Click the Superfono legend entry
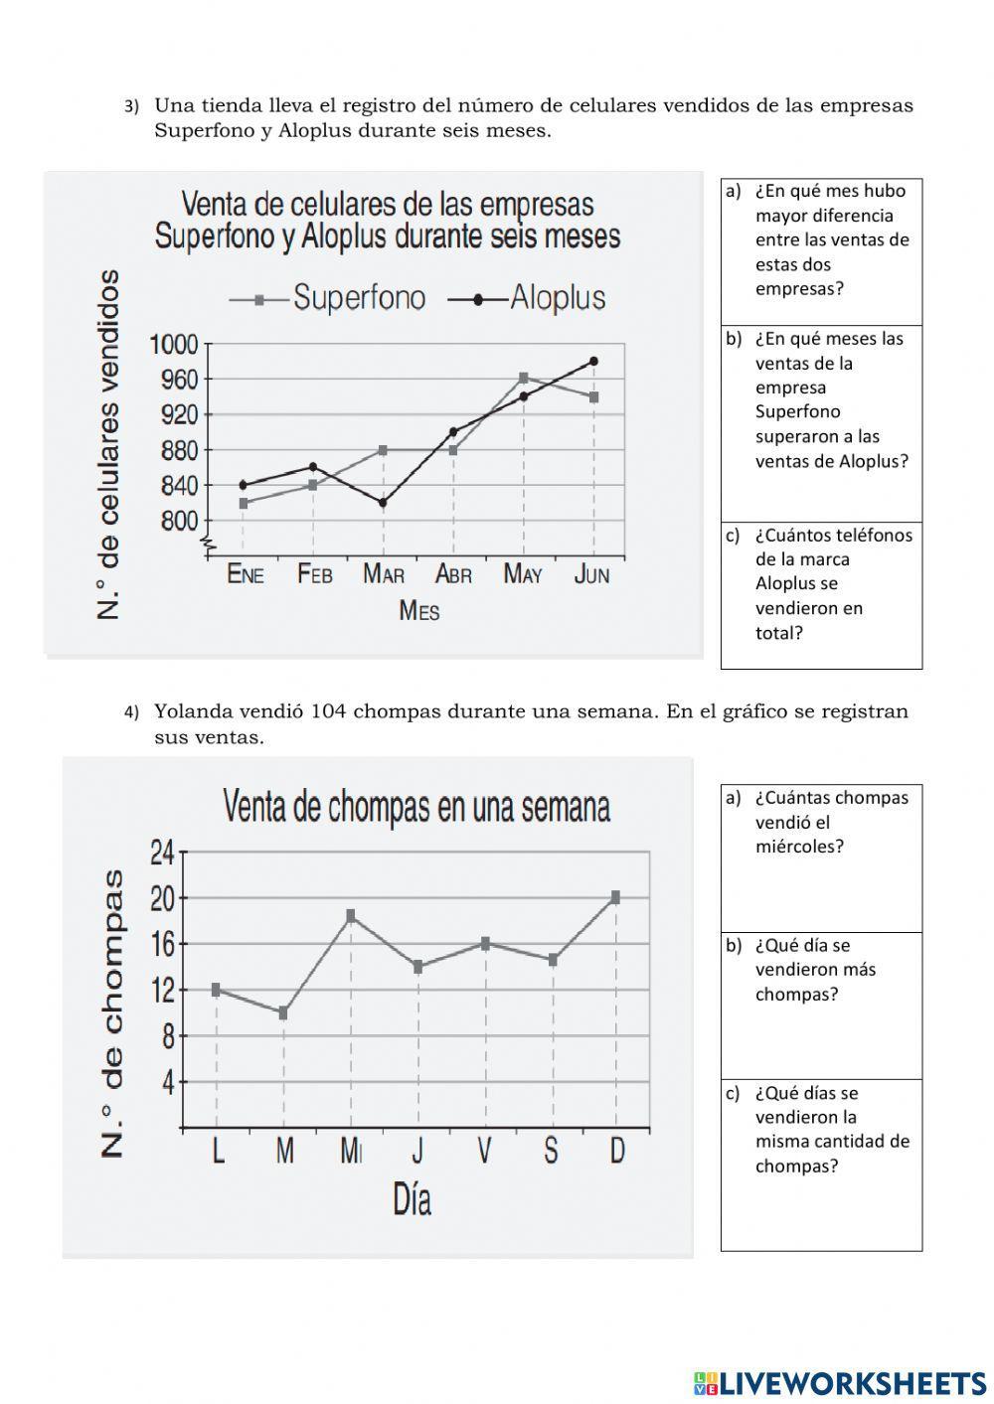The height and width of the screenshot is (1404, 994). pos(328,298)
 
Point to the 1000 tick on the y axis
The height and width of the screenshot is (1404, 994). pos(174,345)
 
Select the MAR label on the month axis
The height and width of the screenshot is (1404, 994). pos(384,574)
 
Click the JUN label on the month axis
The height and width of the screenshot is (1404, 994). pos(592,574)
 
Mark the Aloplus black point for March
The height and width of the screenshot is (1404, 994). pos(384,503)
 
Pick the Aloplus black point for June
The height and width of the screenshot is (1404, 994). pos(593,362)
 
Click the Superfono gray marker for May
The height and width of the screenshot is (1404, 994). pos(524,378)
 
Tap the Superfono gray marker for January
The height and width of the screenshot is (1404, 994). pos(244,503)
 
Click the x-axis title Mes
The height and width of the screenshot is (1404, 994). pos(418,610)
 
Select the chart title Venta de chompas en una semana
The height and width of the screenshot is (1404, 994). pos(416,807)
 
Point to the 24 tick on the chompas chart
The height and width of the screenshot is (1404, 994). pos(162,852)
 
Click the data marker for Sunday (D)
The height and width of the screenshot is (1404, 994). pos(616,896)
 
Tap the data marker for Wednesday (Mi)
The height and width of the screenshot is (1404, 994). pos(351,914)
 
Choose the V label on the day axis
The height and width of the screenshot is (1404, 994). pos(484,1151)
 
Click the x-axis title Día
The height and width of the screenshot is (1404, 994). pos(412,1200)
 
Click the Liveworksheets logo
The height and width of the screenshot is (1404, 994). pos(840,1382)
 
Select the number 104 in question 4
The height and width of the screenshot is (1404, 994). pos(328,711)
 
